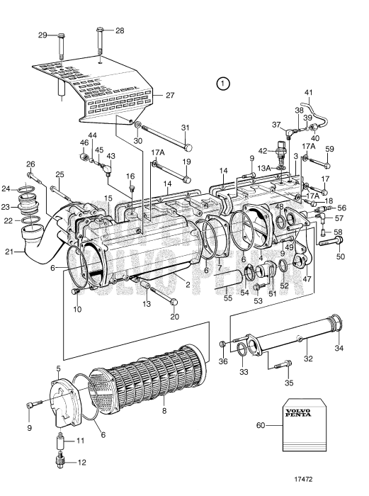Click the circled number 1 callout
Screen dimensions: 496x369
pyautogui.click(x=223, y=84)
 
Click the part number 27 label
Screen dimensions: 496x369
pyautogui.click(x=169, y=95)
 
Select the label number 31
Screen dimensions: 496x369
pyautogui.click(x=186, y=128)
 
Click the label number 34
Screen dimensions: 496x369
pyautogui.click(x=339, y=348)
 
